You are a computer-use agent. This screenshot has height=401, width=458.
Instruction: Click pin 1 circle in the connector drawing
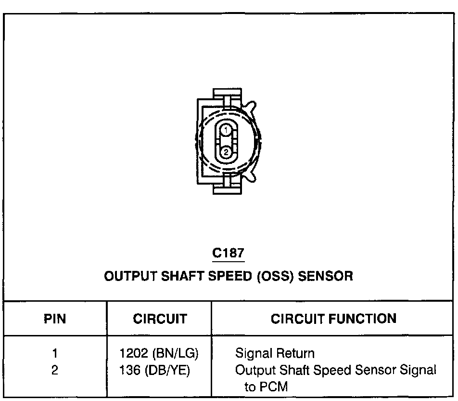226,130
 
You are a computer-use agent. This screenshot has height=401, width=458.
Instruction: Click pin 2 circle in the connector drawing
226,152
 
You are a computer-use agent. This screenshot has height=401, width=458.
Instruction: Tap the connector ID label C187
228,253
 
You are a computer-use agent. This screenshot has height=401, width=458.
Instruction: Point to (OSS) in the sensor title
275,276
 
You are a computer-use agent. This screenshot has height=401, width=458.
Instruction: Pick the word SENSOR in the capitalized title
325,276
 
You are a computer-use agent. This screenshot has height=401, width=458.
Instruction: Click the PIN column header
55,319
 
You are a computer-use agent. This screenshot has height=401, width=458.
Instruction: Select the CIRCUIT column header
160,319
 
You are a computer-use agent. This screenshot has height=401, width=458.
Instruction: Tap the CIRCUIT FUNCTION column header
333,319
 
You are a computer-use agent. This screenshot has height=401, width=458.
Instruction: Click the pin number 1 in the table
55,353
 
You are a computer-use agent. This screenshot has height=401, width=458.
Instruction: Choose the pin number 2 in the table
55,370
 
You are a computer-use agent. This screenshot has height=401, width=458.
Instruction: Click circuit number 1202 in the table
134,353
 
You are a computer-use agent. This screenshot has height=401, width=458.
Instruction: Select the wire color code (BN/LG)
176,354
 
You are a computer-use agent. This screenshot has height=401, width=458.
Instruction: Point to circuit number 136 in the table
130,370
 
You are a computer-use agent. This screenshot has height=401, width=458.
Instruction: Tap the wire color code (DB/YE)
167,371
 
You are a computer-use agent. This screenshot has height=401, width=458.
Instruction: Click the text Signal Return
275,354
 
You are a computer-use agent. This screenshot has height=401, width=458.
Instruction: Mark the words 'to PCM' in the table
266,387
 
